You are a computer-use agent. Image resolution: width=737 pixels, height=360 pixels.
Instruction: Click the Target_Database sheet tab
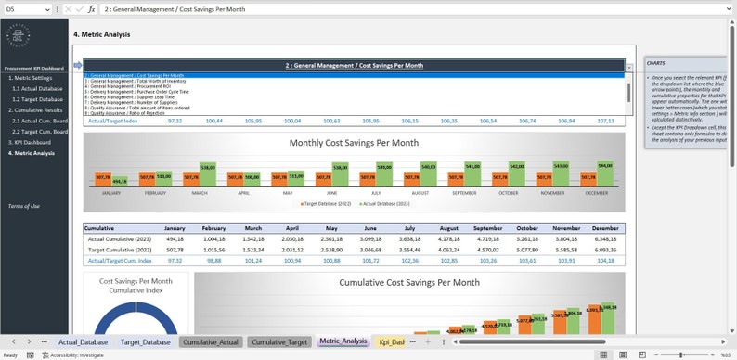pos(144,342)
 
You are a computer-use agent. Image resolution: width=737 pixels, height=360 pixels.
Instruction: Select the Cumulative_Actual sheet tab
pos(210,342)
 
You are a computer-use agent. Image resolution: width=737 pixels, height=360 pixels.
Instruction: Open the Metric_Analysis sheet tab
pos(343,342)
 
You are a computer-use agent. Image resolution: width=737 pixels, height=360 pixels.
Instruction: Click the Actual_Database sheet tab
pos(83,342)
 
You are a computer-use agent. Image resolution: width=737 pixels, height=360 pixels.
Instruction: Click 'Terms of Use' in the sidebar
pos(24,206)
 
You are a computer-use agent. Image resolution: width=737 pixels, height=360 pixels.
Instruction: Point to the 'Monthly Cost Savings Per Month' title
pos(354,143)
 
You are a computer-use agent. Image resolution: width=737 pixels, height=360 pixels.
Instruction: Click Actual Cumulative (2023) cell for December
pos(605,238)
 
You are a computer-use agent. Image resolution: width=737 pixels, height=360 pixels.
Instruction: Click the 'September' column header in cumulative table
pos(487,227)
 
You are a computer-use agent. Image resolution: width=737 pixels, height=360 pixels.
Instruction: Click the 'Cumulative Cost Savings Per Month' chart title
pos(409,282)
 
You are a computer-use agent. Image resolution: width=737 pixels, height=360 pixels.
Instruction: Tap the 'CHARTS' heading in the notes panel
pos(656,64)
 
